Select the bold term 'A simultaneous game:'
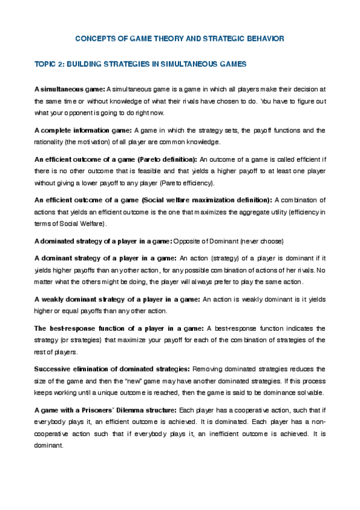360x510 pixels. coord(70,90)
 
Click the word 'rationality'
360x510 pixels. coord(49,142)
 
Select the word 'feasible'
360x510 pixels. coord(129,171)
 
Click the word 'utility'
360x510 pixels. coord(268,211)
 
